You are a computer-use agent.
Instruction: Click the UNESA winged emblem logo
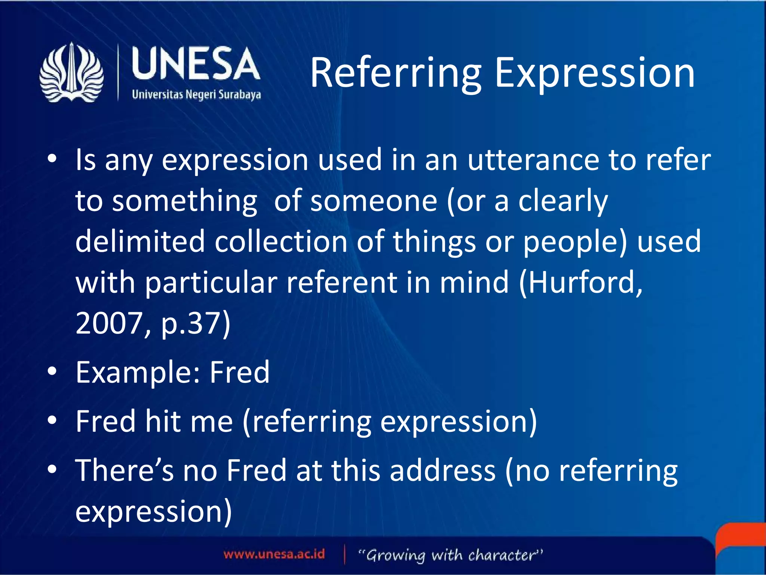point(71,73)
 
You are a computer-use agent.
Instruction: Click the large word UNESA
point(196,64)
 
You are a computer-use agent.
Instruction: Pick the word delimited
point(140,241)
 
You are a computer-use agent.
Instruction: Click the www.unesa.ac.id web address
point(274,554)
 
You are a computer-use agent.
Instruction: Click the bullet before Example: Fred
point(52,371)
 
